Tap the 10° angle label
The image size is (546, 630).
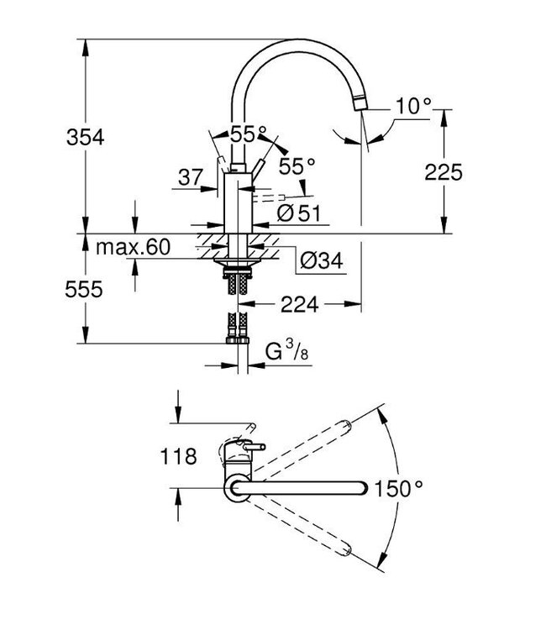point(413,106)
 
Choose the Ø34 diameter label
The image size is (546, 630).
point(321,262)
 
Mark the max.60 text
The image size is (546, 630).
point(133,247)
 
